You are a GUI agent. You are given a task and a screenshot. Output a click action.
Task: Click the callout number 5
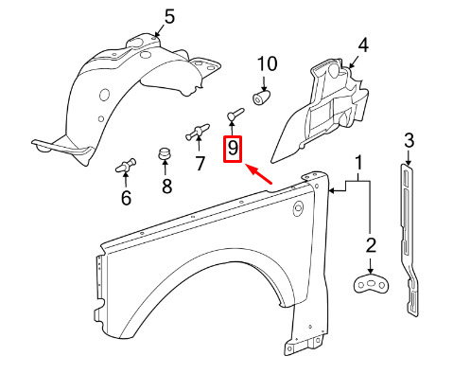169,16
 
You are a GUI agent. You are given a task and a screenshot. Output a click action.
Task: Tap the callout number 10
268,63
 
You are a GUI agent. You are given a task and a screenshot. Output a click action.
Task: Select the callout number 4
363,45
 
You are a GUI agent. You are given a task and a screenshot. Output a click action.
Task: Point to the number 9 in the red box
233,148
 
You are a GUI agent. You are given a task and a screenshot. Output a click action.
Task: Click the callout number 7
200,163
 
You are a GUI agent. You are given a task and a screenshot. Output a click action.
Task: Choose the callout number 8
166,186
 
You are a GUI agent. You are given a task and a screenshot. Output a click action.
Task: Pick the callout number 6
126,198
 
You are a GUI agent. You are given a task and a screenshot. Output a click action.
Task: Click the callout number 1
358,163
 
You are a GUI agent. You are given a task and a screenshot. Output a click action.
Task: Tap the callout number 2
371,245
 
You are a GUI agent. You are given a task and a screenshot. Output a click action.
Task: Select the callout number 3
409,140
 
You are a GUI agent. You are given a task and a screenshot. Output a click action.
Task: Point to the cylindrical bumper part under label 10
262,98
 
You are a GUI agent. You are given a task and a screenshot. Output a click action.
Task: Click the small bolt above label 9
235,114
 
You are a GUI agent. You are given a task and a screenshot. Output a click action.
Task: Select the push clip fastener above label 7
198,132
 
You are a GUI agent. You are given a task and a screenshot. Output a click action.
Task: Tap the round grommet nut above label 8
165,153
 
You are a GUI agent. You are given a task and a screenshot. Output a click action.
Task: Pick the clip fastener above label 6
126,166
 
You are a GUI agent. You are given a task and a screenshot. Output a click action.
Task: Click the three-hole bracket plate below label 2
371,283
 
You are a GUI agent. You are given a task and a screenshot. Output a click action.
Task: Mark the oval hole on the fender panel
298,208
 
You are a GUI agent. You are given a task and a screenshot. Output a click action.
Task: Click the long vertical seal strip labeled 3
409,239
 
